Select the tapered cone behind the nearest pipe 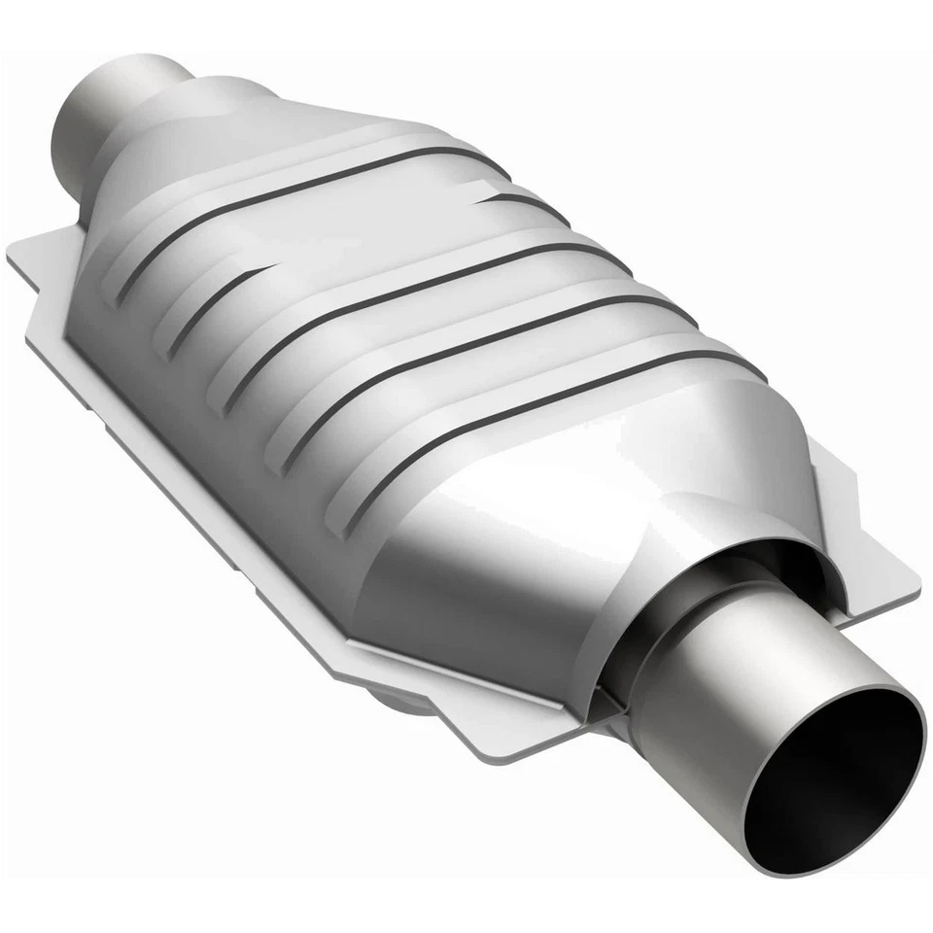(x=544, y=544)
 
